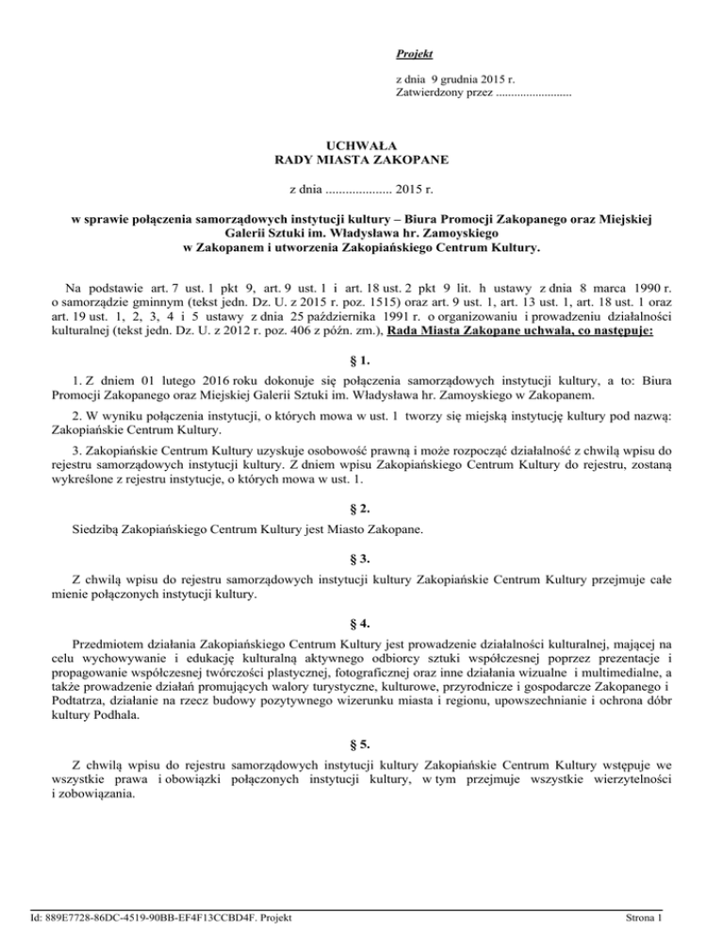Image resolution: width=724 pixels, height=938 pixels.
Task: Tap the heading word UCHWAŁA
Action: click(x=361, y=145)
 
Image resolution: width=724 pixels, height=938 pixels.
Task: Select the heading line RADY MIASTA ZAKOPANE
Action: click(x=361, y=160)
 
